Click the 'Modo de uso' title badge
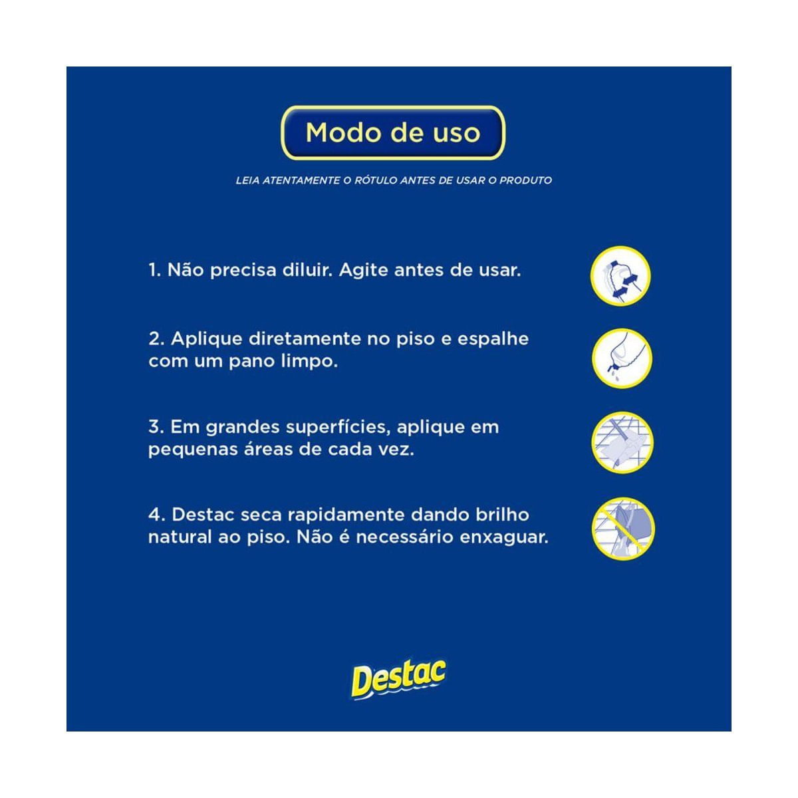(x=393, y=133)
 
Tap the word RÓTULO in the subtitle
(x=376, y=180)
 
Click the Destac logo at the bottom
(x=398, y=679)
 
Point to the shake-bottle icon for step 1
(x=620, y=276)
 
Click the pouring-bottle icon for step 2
(x=622, y=359)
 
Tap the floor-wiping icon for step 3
(x=622, y=443)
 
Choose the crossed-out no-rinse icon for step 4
(x=623, y=529)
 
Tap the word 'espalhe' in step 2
(x=493, y=339)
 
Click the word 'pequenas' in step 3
(x=183, y=450)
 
